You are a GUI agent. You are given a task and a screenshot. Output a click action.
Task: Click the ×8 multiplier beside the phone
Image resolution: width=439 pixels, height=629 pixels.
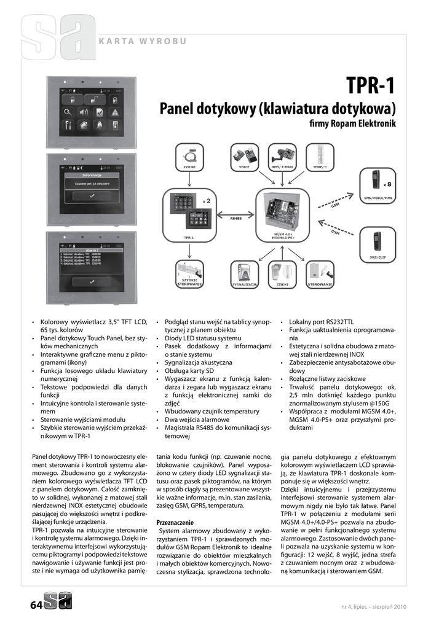tap(387, 184)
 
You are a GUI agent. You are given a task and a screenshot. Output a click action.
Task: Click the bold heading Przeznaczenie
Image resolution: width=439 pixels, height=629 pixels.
tap(175, 522)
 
